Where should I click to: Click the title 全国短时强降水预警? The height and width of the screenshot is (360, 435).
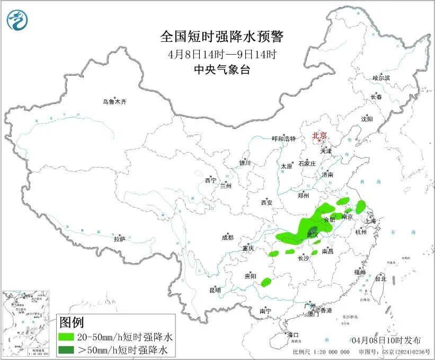222,37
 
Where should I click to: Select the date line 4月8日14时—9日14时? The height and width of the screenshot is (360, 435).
222,54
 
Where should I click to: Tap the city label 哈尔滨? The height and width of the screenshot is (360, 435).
381,78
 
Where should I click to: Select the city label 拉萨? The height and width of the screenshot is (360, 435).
119,239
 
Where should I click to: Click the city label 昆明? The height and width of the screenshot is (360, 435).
215,290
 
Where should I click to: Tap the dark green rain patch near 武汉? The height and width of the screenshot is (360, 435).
313,231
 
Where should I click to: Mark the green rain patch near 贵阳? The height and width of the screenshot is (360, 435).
267,282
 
